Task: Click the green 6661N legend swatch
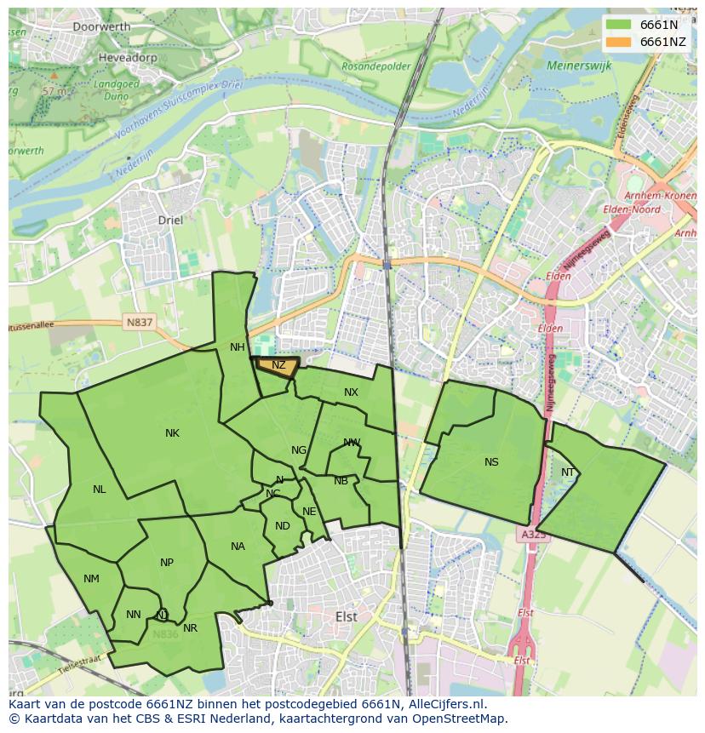pyautogui.click(x=619, y=25)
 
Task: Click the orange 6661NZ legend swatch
pyautogui.click(x=619, y=42)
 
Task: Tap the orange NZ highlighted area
pyautogui.click(x=278, y=366)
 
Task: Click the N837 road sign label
pyautogui.click(x=139, y=322)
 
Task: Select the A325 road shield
pyautogui.click(x=533, y=535)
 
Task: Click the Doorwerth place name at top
pyautogui.click(x=101, y=26)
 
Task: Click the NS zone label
pyautogui.click(x=491, y=462)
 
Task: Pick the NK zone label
pyautogui.click(x=172, y=433)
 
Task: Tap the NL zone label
pyautogui.click(x=100, y=490)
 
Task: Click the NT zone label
pyautogui.click(x=568, y=472)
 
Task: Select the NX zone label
pyautogui.click(x=351, y=392)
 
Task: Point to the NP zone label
pyautogui.click(x=167, y=563)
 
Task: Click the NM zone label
pyautogui.click(x=91, y=579)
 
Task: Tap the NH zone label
pyautogui.click(x=237, y=347)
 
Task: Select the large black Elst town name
pyautogui.click(x=347, y=616)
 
